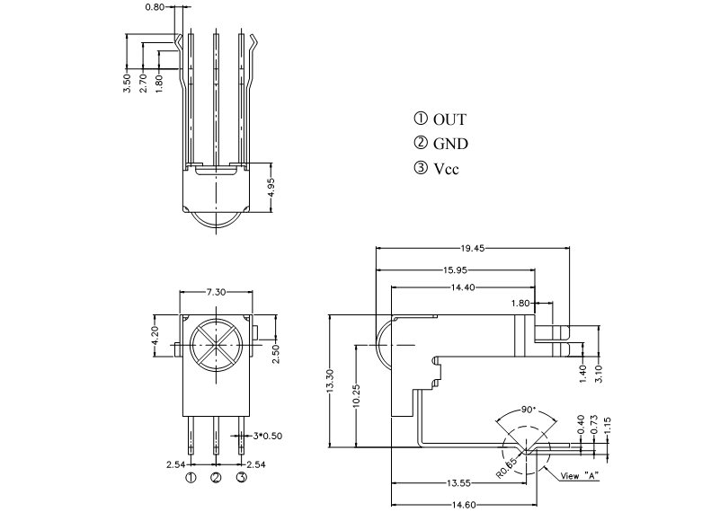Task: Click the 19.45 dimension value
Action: pos(472,248)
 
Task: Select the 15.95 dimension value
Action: pos(455,269)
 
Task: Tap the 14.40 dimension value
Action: pos(463,287)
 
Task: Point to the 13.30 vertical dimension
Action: pos(330,382)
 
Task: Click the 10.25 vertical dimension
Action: pos(356,395)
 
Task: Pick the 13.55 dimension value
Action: pos(458,483)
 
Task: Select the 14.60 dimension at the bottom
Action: pos(464,506)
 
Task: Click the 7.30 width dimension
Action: pos(216,292)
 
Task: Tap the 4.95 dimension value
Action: pos(271,188)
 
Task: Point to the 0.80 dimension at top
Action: pos(155,7)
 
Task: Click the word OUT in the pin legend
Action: pos(449,119)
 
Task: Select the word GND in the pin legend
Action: pos(450,144)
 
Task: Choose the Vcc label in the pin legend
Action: pos(447,169)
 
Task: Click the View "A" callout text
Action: pos(580,476)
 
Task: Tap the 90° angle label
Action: pos(529,410)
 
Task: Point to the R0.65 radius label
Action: pos(507,468)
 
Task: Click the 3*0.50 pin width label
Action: pos(268,436)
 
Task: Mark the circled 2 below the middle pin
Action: pos(216,478)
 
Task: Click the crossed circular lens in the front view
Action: pos(217,345)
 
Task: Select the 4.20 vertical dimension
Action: pos(155,336)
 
